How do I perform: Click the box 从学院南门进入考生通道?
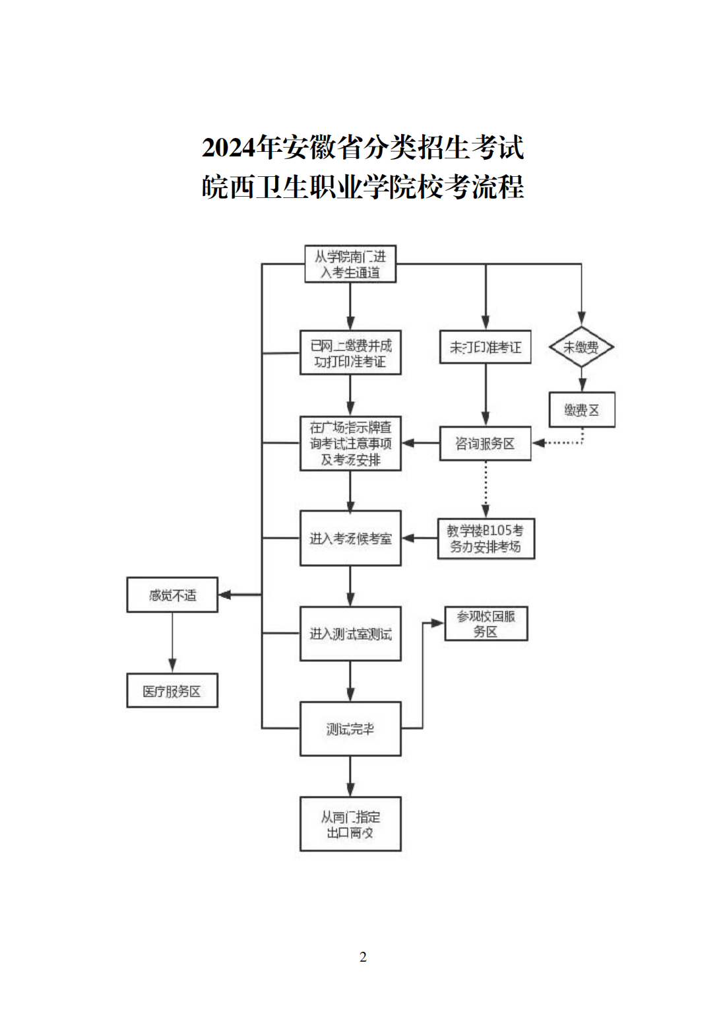[350, 264]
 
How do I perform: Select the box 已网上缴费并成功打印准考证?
[350, 353]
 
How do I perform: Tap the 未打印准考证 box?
[485, 347]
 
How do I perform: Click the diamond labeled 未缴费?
[581, 347]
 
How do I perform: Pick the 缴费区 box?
[581, 410]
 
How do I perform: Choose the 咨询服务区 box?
[485, 444]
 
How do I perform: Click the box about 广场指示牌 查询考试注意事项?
[350, 444]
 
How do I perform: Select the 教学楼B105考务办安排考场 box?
[486, 539]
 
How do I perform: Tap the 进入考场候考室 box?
[350, 539]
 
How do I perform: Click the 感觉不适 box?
[172, 595]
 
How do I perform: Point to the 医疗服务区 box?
[172, 691]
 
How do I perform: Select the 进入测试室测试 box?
[350, 634]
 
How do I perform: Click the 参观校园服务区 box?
[486, 624]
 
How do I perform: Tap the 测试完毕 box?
[350, 729]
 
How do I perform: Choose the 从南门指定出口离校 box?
[350, 824]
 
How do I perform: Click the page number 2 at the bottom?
[363, 956]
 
